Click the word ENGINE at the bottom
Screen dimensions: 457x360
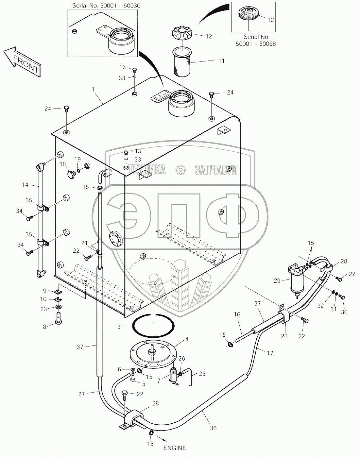point(175,448)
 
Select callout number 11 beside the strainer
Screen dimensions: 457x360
point(221,61)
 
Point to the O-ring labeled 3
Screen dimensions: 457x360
point(153,325)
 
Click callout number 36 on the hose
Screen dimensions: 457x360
point(213,428)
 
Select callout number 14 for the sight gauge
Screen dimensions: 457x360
point(25,185)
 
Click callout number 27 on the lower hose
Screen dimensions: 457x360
point(81,394)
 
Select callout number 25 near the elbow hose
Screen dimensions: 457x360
point(202,373)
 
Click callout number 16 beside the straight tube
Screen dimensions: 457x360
point(237,314)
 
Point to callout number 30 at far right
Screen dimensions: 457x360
point(344,312)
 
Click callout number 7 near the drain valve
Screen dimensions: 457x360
point(159,381)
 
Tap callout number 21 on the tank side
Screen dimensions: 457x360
point(84,243)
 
